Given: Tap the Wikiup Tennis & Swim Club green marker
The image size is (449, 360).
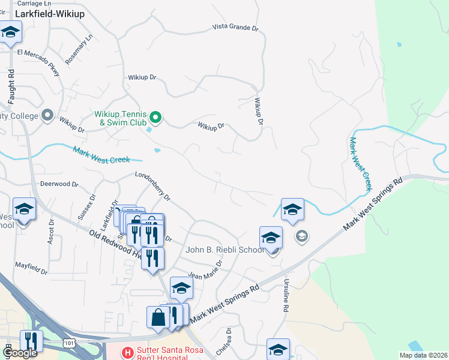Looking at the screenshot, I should (155, 117).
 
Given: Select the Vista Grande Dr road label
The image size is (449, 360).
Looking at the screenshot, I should (236, 28).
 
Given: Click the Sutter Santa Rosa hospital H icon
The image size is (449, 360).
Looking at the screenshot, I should (127, 352).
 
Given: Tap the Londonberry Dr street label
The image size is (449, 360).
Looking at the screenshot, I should (153, 189).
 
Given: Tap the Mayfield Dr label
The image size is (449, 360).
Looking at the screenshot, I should (31, 268).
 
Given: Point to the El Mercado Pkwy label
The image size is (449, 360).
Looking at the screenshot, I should (40, 62).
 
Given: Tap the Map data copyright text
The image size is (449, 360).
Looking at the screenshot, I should (423, 355).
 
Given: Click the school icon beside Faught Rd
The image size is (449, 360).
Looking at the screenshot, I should (10, 33).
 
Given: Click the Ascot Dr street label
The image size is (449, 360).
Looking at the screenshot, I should (51, 230).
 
